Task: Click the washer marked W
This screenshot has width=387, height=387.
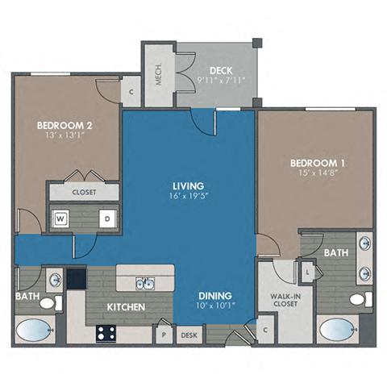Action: [60, 218]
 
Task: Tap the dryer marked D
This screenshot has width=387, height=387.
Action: [106, 218]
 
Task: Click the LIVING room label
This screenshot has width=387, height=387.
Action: [187, 185]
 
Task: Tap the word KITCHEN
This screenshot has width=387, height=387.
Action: [127, 307]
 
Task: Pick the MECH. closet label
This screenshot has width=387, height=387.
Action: [159, 73]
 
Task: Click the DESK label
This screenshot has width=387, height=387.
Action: [189, 334]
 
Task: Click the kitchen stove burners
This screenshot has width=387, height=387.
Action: [105, 332]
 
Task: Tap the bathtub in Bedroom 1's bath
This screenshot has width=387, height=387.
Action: [337, 331]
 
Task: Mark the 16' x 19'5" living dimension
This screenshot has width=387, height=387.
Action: [187, 196]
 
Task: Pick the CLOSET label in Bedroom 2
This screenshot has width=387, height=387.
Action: [84, 193]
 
